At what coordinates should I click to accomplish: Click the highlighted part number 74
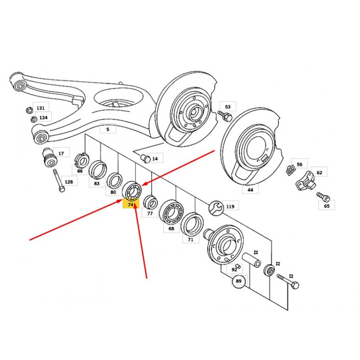coord(130,204)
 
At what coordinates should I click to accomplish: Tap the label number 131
coord(40,108)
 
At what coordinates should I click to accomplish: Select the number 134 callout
coord(43,118)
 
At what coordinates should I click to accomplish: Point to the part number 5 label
coord(108,129)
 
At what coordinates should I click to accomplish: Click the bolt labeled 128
coord(59,181)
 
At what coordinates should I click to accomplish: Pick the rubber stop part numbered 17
coord(49,157)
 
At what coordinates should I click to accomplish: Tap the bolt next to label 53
coord(225,116)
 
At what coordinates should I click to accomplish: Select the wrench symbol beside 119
coord(216,208)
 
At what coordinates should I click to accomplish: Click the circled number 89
coord(239,281)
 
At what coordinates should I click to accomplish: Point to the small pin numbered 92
coord(239,266)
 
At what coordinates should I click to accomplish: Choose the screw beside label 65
coord(324,197)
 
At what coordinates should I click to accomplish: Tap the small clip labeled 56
coord(291,171)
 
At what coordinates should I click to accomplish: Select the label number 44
coord(250,189)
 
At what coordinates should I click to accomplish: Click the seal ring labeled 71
coord(192,224)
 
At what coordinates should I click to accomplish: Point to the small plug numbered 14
coord(145,158)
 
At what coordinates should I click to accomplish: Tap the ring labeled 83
coord(98,170)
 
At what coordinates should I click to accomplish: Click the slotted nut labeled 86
coord(82,160)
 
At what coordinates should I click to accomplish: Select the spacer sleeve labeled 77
coord(150,202)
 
